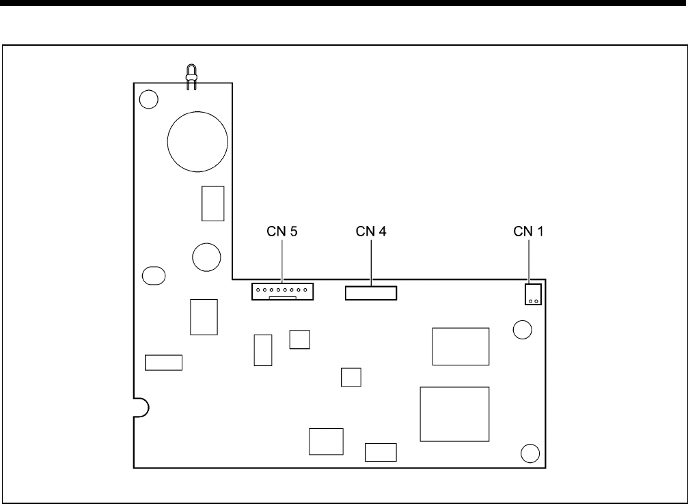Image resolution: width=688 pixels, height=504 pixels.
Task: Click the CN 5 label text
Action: click(x=282, y=232)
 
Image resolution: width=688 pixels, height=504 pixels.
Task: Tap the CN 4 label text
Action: click(x=371, y=232)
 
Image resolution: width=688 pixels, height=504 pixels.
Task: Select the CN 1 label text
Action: click(x=529, y=232)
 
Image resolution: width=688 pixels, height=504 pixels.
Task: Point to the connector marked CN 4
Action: click(x=371, y=294)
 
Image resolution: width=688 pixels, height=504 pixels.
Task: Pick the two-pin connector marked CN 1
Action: click(x=533, y=295)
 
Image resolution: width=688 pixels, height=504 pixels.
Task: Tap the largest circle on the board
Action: click(x=197, y=141)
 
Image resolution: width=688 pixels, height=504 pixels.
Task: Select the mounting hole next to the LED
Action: click(x=147, y=100)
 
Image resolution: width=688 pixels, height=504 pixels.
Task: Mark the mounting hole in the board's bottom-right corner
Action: click(x=529, y=453)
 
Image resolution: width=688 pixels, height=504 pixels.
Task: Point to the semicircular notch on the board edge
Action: click(x=141, y=406)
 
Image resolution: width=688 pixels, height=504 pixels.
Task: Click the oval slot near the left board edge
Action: click(x=153, y=275)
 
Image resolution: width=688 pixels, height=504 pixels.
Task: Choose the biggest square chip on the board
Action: click(x=454, y=413)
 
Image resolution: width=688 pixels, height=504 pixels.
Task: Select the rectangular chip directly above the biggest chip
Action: click(x=460, y=346)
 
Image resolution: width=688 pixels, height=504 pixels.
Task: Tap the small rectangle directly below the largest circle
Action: click(x=212, y=203)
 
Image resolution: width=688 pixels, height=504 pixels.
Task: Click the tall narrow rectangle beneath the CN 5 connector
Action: click(x=262, y=350)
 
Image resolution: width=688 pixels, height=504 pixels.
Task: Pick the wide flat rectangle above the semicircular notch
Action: click(x=163, y=362)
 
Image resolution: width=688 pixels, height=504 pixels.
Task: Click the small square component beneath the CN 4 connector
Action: click(x=350, y=377)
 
